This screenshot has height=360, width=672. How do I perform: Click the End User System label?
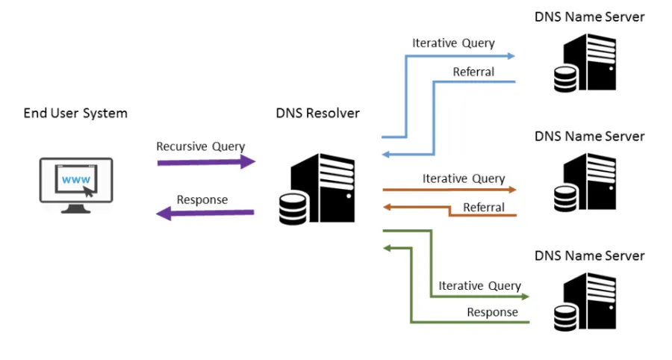[x=75, y=114]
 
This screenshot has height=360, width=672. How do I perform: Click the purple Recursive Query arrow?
[x=206, y=161]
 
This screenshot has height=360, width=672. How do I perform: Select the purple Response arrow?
[x=205, y=214]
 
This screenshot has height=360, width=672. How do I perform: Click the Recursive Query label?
[x=200, y=146]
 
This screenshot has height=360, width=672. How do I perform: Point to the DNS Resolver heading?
[x=317, y=114]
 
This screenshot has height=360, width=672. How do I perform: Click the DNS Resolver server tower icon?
[x=328, y=186]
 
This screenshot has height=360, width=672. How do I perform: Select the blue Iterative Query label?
[x=453, y=43]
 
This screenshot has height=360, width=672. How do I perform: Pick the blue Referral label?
[x=473, y=72]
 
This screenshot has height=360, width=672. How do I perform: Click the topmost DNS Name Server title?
[x=590, y=16]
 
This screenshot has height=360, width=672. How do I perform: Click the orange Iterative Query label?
[x=464, y=179]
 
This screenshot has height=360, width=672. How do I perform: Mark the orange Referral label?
[x=484, y=207]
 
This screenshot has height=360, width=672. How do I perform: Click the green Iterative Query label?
[x=480, y=285]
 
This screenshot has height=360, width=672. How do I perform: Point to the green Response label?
[x=492, y=312]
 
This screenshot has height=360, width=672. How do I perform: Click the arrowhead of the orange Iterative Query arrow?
[x=511, y=190]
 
